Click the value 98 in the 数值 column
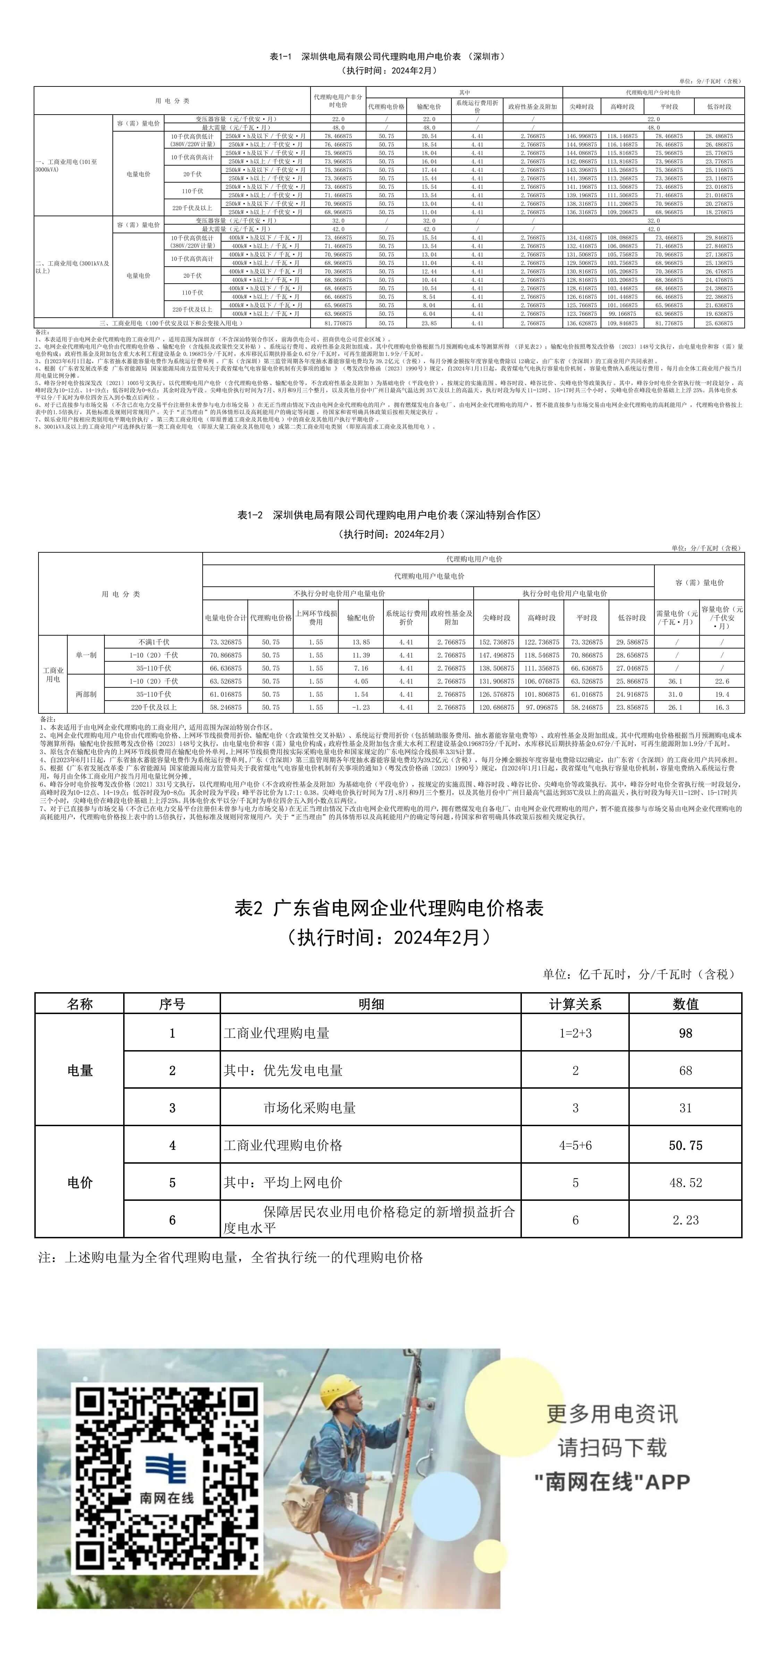[x=685, y=1033]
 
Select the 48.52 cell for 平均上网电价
[x=685, y=1182]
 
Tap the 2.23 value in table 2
[x=685, y=1220]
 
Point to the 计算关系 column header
[x=575, y=1004]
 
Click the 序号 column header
[x=172, y=1004]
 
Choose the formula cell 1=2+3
[x=575, y=1033]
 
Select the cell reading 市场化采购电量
[x=310, y=1108]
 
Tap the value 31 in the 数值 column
[x=685, y=1108]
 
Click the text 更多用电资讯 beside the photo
[x=611, y=1414]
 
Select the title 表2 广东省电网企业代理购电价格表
[x=389, y=909]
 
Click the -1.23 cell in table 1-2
[x=361, y=708]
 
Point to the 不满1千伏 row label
[x=154, y=642]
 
